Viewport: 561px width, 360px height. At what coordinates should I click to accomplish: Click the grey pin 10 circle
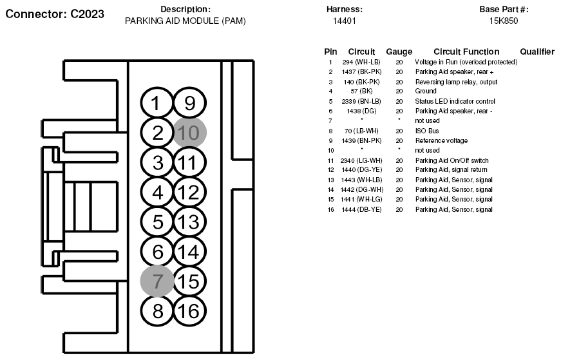[x=189, y=133]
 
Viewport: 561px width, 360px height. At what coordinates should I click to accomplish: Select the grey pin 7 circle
[x=157, y=281]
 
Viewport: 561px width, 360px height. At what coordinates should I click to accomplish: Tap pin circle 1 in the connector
[x=157, y=103]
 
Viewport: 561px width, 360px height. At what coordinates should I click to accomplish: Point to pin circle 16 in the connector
[x=189, y=310]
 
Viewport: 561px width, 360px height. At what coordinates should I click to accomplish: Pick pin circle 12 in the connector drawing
[x=189, y=192]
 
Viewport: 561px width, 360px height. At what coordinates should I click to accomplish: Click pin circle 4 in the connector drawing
[x=157, y=192]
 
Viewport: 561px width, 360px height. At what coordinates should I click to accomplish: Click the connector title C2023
[x=55, y=14]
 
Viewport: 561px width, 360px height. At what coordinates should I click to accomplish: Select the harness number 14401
[x=344, y=21]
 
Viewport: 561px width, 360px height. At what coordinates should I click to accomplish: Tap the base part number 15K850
[x=504, y=21]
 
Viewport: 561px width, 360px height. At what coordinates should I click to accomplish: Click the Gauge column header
[x=399, y=52]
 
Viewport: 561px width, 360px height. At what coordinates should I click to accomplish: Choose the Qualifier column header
[x=537, y=52]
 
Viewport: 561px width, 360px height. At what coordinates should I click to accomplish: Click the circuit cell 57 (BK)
[x=361, y=91]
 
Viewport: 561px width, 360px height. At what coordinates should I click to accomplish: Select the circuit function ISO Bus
[x=427, y=131]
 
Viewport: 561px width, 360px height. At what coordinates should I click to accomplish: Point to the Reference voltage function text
[x=441, y=140]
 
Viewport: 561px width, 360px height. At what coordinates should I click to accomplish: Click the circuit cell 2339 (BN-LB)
[x=361, y=101]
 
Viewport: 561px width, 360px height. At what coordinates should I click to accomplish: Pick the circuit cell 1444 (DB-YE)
[x=361, y=210]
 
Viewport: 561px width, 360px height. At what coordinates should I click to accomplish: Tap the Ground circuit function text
[x=426, y=91]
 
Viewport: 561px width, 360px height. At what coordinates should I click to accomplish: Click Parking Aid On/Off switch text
[x=452, y=160]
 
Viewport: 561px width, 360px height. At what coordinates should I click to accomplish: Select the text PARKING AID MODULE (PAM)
[x=185, y=21]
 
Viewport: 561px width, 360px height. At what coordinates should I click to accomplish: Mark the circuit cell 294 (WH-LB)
[x=361, y=62]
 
